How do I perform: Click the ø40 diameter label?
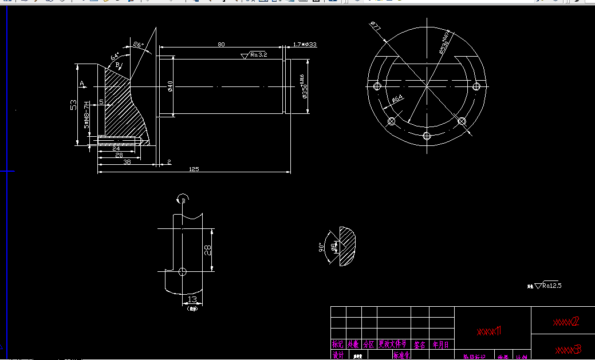point(170,86)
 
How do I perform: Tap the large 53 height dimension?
point(73,105)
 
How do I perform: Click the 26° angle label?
point(138,45)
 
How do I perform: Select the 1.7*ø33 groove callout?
point(305,44)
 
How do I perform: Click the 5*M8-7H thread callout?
point(87,115)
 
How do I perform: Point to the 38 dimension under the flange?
point(127,162)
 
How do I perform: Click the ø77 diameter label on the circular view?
point(376,26)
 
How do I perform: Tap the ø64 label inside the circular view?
point(397,99)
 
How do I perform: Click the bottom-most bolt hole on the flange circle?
point(426,135)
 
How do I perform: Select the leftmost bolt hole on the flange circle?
point(377,86)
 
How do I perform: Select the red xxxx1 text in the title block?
point(489,331)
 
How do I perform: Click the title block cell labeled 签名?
point(420,345)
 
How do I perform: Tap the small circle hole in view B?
point(182,271)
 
